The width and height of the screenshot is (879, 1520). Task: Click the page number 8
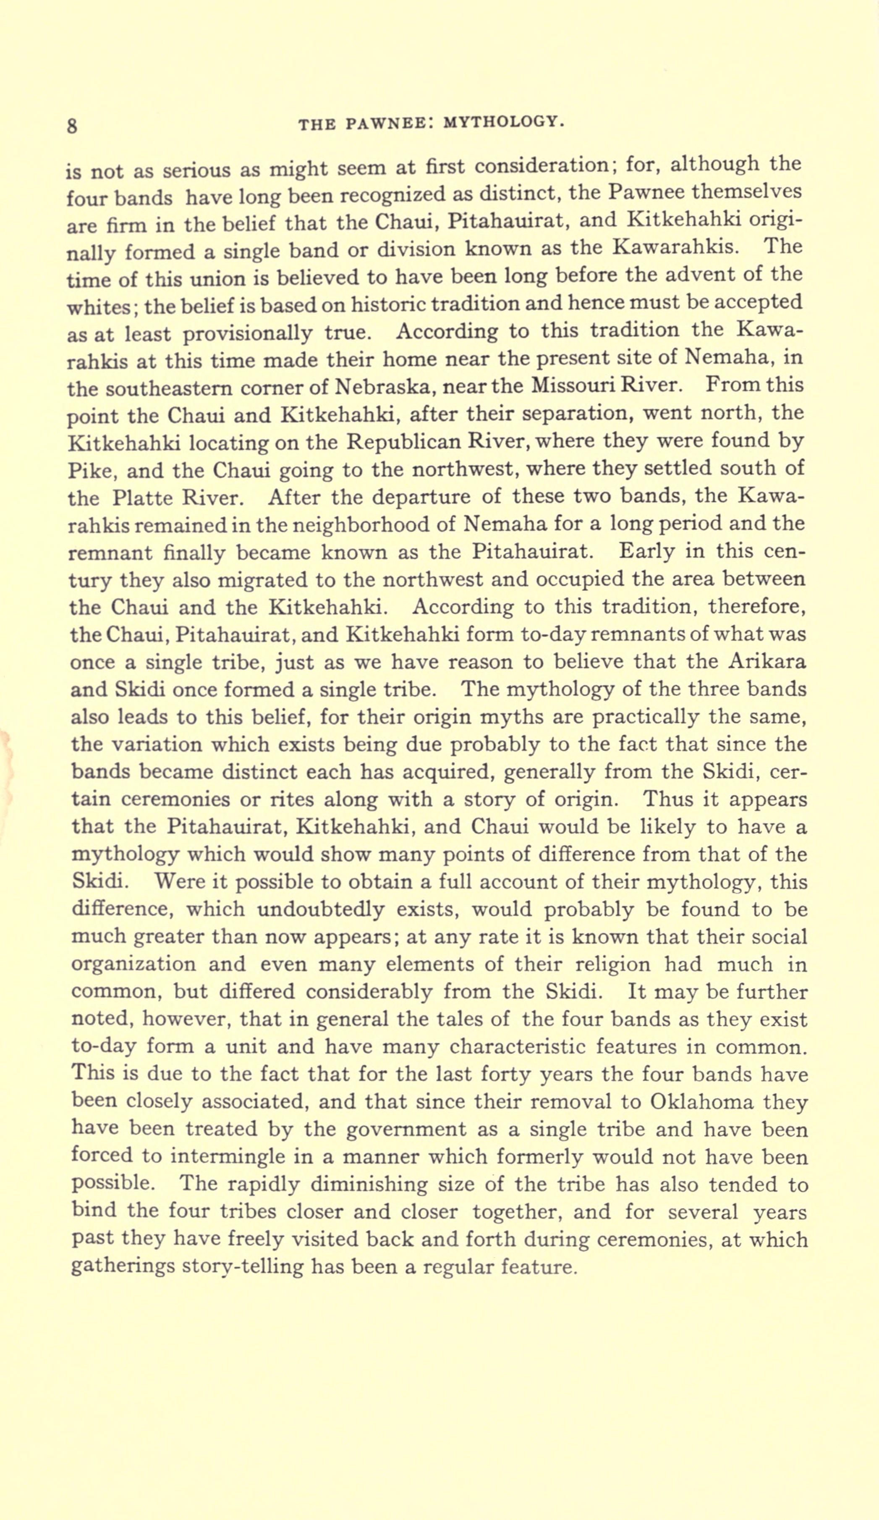(72, 126)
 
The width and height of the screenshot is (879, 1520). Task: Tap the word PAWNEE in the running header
(383, 123)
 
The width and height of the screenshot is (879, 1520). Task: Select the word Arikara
(767, 662)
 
